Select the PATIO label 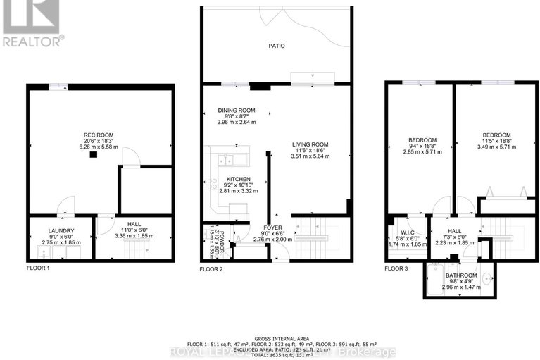pyautogui.click(x=277, y=46)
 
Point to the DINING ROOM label pyautogui.click(x=237, y=111)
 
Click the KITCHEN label pyautogui.click(x=239, y=180)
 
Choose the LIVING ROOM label pyautogui.click(x=310, y=145)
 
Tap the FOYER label pyautogui.click(x=272, y=227)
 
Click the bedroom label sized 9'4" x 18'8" pyautogui.click(x=422, y=139)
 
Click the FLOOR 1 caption pyautogui.click(x=39, y=268)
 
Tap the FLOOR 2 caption pyautogui.click(x=211, y=268)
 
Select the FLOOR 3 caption pyautogui.click(x=398, y=268)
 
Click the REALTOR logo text pyautogui.click(x=32, y=42)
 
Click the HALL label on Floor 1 pyautogui.click(x=134, y=223)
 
